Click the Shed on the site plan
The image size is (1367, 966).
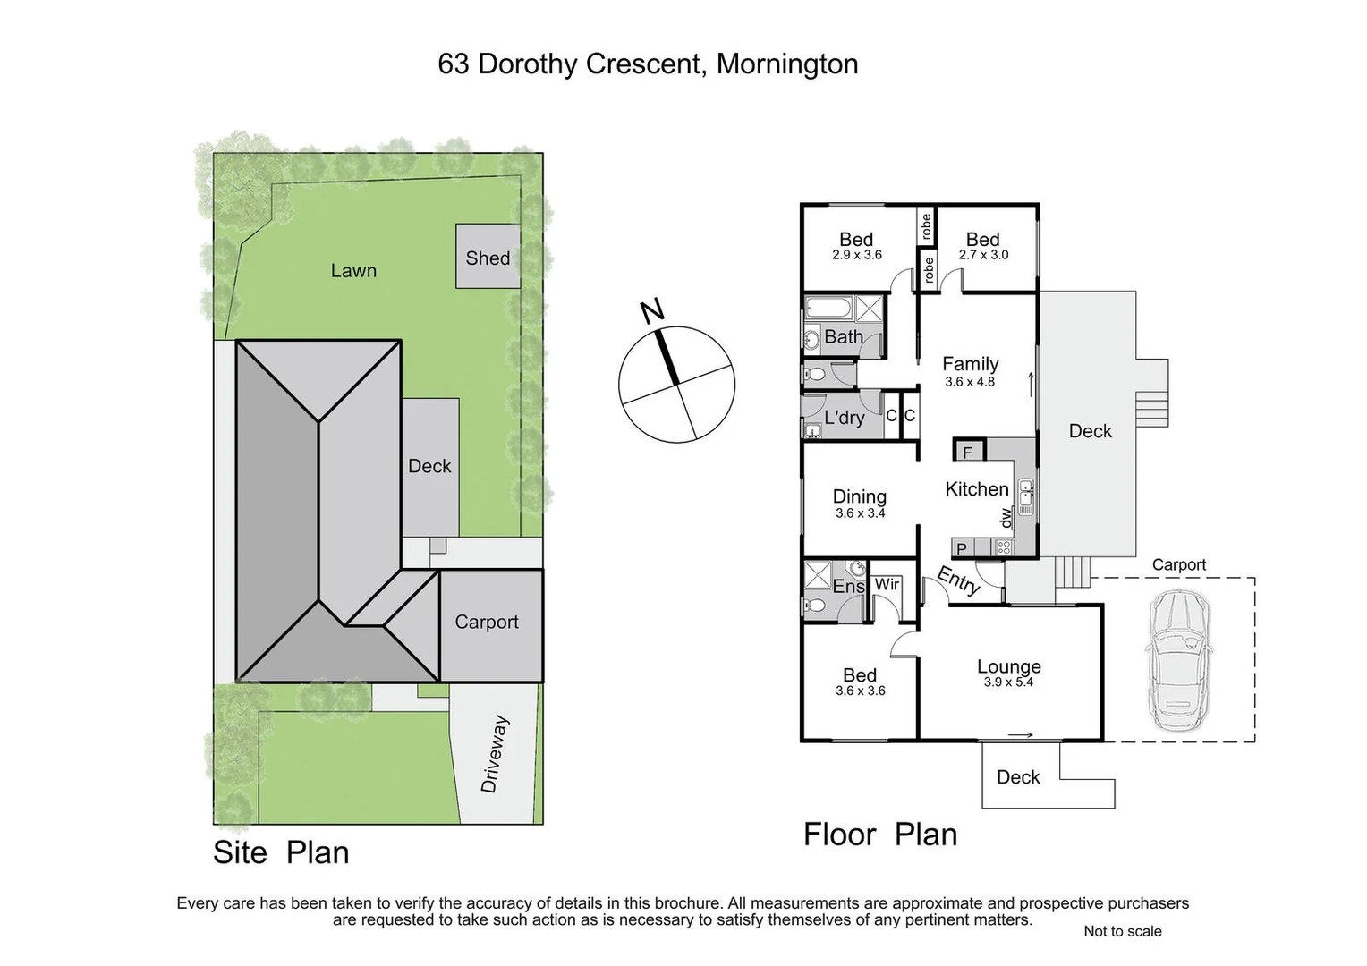[x=488, y=257]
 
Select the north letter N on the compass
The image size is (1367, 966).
[x=653, y=311]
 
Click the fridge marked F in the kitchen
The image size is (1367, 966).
[x=967, y=452]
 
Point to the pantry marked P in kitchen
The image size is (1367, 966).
[x=961, y=548]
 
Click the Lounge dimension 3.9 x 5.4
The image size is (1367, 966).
[x=1008, y=682]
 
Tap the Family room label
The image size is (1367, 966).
[x=970, y=363]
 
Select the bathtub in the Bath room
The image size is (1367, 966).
[x=828, y=309]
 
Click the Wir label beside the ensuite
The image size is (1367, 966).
[x=887, y=584]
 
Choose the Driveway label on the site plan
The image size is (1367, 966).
[x=495, y=753]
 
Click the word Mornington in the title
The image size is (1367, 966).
[x=787, y=64]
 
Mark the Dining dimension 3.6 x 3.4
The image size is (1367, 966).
[x=860, y=513]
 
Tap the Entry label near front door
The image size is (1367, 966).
[x=958, y=580]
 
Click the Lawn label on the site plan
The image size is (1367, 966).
[x=353, y=270]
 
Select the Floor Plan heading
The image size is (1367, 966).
[x=880, y=834]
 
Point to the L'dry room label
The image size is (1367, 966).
[x=844, y=417]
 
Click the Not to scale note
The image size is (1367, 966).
[x=1122, y=931]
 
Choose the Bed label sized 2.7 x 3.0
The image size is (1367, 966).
[x=982, y=239]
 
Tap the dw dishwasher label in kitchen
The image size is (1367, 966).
[x=1006, y=517]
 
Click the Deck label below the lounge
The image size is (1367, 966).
[x=1018, y=776]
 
